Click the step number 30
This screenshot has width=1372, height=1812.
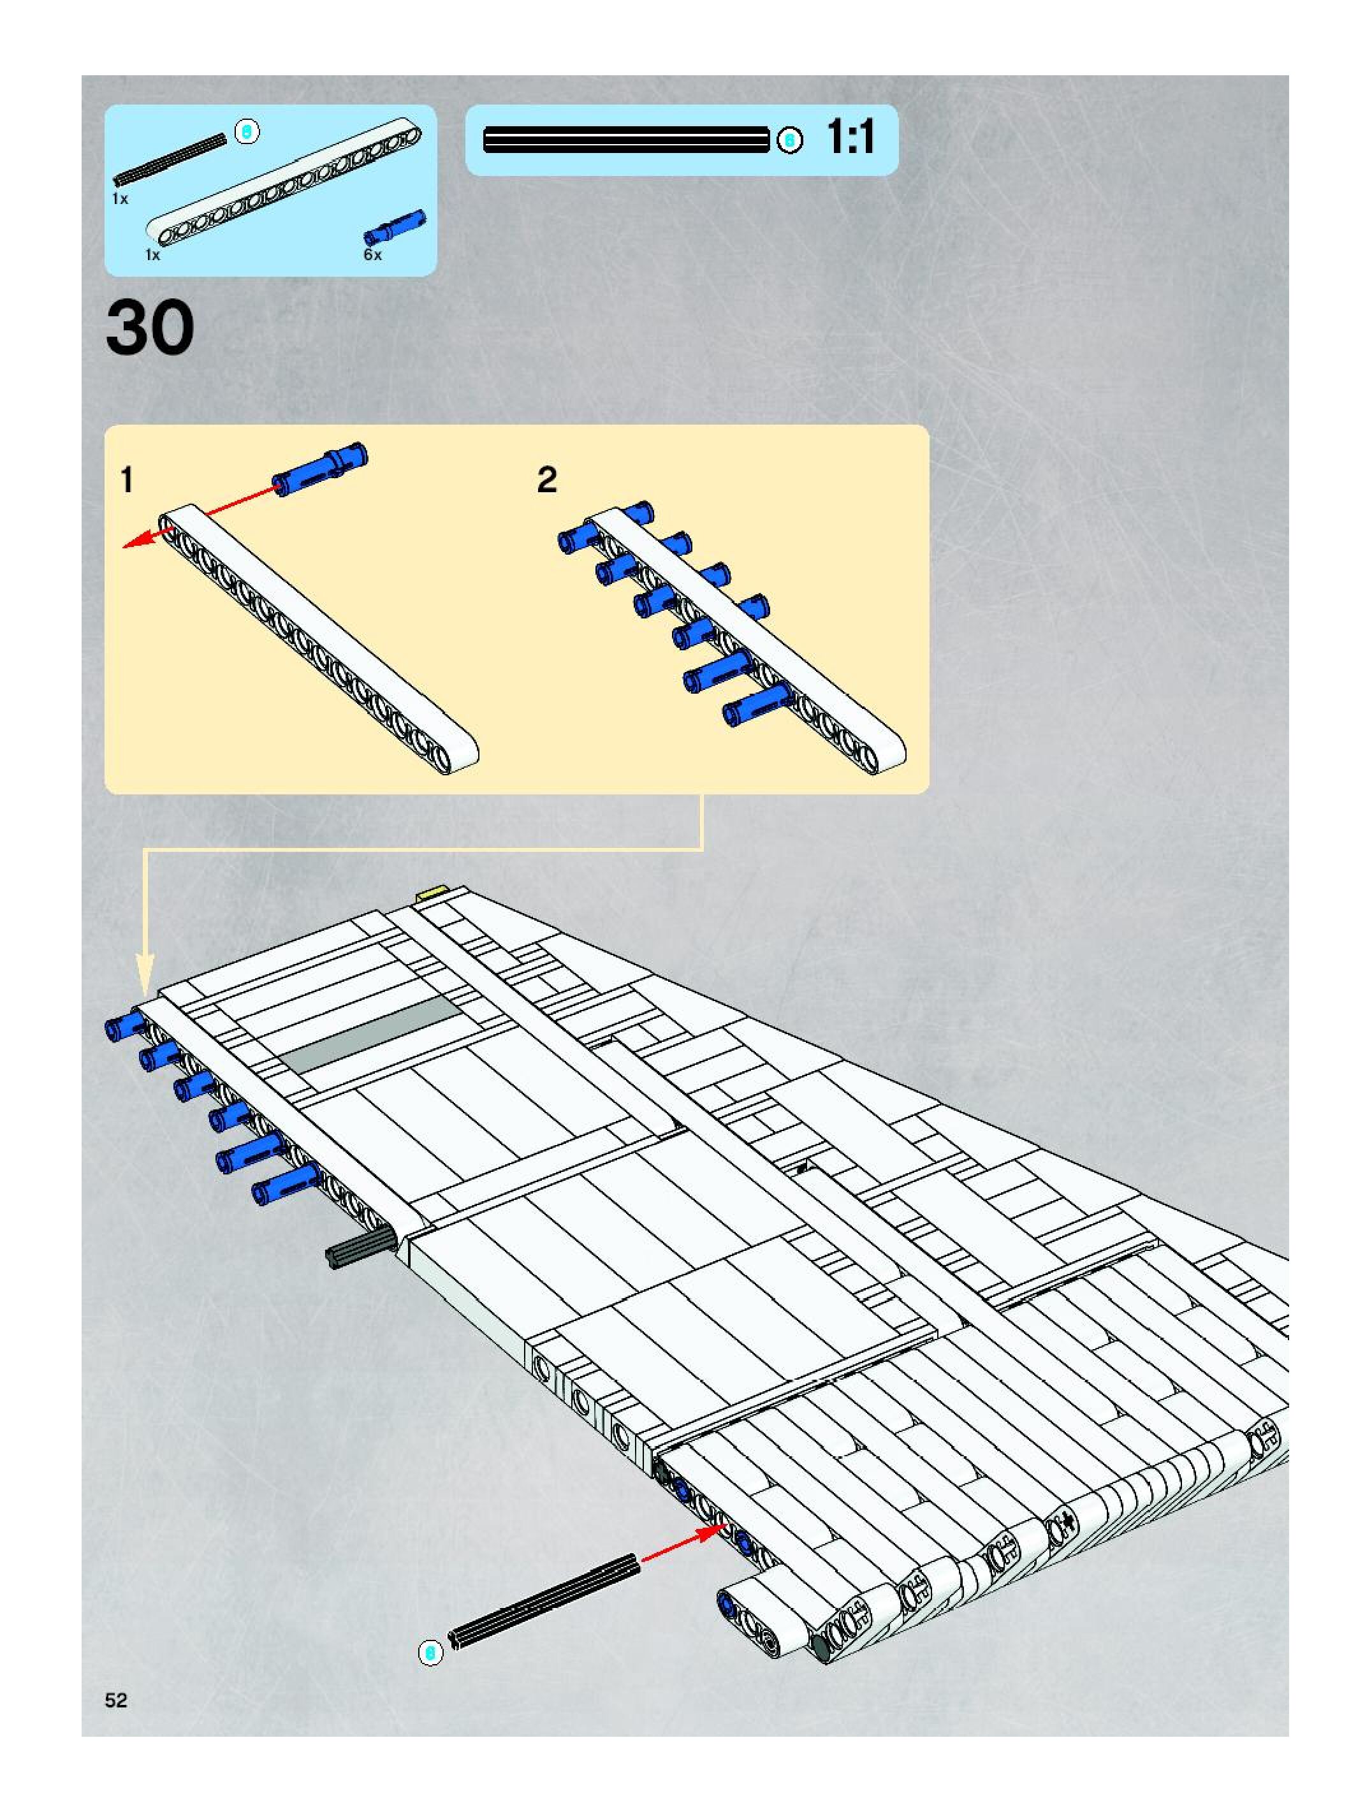pos(150,328)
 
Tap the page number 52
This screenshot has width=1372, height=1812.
pos(116,1700)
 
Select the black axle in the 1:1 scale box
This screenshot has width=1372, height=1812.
pos(626,140)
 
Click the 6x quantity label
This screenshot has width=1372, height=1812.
pos(373,255)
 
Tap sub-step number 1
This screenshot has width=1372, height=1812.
pos(126,480)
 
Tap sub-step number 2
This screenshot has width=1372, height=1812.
pos(546,480)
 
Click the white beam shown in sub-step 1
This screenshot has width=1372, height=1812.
pos(319,639)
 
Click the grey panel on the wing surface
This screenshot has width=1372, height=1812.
pos(371,1034)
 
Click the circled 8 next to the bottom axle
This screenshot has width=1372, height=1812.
pos(429,1653)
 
